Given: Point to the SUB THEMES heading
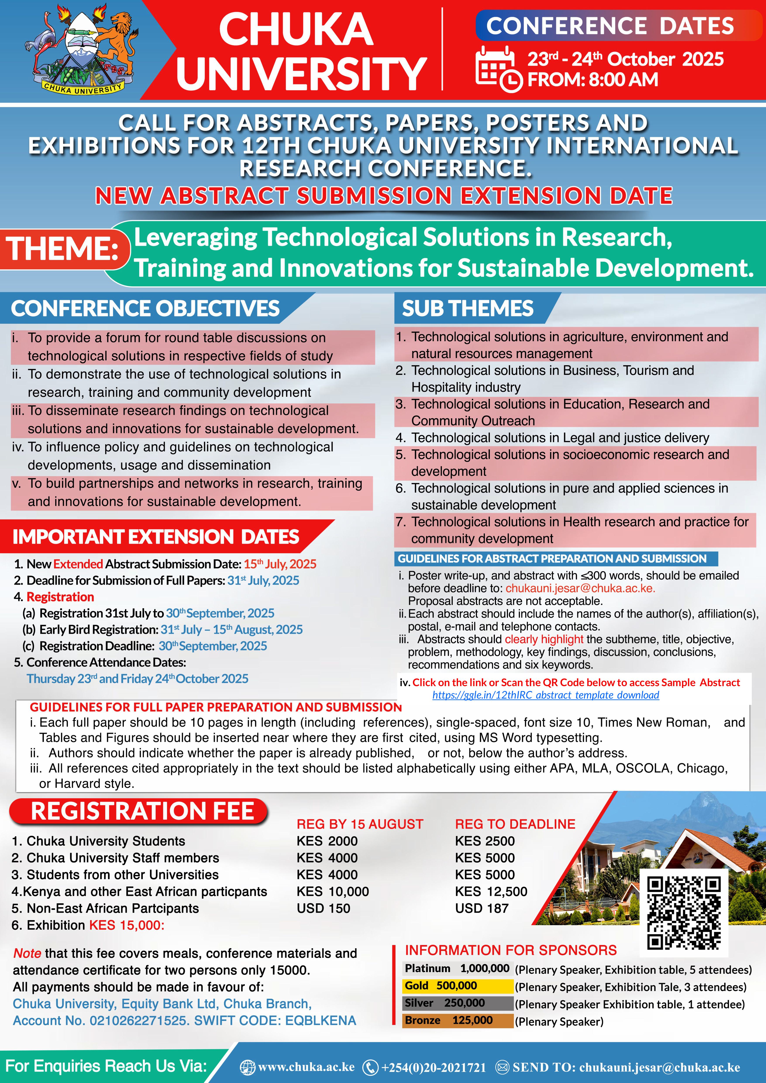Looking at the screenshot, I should pos(467,308).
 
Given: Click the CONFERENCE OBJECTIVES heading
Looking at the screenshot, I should pos(145,308).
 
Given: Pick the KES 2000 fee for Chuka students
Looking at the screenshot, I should pos(327,841).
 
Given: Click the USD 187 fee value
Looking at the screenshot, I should pos(482,908).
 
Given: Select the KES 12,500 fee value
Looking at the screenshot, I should pos(491,892).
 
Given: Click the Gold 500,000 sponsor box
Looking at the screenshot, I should pos(457,986).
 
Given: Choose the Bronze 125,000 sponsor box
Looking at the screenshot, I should pos(457,1020).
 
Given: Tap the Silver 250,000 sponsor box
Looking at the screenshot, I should pos(457,1003).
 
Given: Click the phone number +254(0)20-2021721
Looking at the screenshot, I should pos(433,1067).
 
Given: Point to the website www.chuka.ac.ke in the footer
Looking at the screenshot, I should pos(306,1067).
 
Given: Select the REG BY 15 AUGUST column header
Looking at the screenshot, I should pos(359,824).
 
